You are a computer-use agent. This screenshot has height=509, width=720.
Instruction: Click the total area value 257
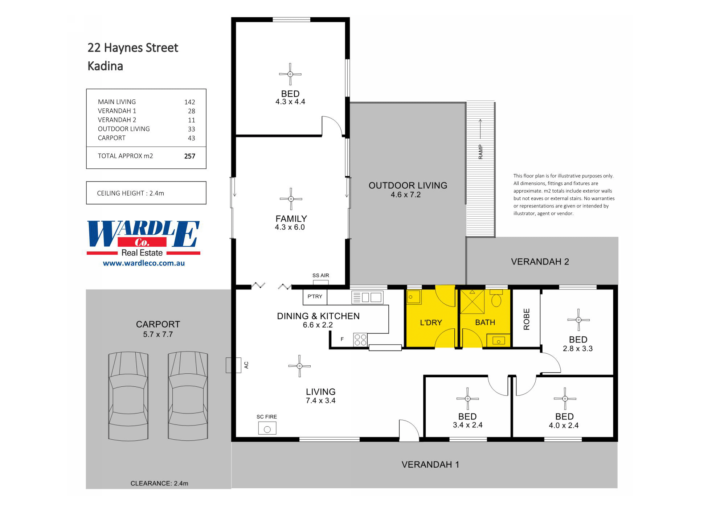pyautogui.click(x=189, y=156)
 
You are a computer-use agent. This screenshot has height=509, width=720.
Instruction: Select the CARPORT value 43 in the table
pyautogui.click(x=191, y=138)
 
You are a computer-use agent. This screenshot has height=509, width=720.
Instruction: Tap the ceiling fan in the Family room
pyautogui.click(x=291, y=199)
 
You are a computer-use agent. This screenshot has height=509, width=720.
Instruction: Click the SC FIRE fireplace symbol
pyautogui.click(x=267, y=428)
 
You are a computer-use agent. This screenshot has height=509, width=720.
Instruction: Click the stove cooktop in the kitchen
pyautogui.click(x=360, y=340)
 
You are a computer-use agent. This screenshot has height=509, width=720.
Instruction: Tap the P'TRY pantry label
pyautogui.click(x=315, y=296)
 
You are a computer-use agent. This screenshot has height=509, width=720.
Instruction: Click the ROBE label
pyautogui.click(x=527, y=319)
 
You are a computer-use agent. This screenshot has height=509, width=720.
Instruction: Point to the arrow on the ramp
pyautogui.click(x=480, y=129)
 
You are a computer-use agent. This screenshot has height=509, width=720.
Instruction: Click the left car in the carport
pyautogui.click(x=128, y=396)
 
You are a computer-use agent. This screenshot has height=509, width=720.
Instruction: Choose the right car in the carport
pyautogui.click(x=188, y=396)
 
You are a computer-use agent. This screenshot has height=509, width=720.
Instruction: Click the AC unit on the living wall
pyautogui.click(x=233, y=365)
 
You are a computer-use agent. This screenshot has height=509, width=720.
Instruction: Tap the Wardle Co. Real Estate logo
pyautogui.click(x=143, y=238)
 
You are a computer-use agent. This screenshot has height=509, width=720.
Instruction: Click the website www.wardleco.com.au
pyautogui.click(x=144, y=263)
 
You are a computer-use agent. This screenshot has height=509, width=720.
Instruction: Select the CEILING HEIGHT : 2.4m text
pyautogui.click(x=131, y=193)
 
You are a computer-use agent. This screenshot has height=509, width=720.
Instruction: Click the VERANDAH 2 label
pyautogui.click(x=540, y=262)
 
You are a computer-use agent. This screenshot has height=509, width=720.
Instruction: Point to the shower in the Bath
pyautogui.click(x=472, y=301)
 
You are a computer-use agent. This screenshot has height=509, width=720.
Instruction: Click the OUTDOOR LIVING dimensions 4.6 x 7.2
pyautogui.click(x=405, y=195)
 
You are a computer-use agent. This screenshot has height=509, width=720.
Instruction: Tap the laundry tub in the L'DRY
pyautogui.click(x=413, y=297)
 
